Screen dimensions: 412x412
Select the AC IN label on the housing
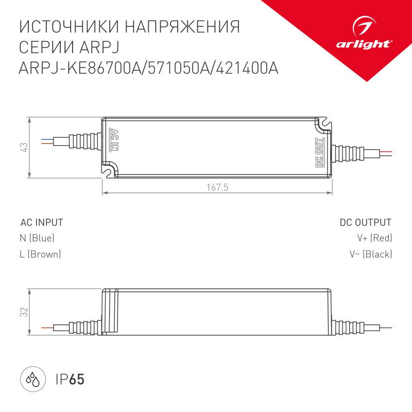(x=114, y=139)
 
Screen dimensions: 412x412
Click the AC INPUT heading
(x=41, y=222)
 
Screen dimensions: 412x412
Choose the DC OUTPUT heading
(x=365, y=222)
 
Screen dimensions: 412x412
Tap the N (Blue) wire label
(x=37, y=238)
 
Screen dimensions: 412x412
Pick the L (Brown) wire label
(x=40, y=254)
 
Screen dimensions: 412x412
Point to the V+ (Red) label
(x=374, y=238)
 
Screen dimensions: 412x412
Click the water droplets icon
(x=32, y=381)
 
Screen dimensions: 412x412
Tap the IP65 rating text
(x=69, y=380)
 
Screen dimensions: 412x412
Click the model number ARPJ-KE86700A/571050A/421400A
(x=148, y=68)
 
